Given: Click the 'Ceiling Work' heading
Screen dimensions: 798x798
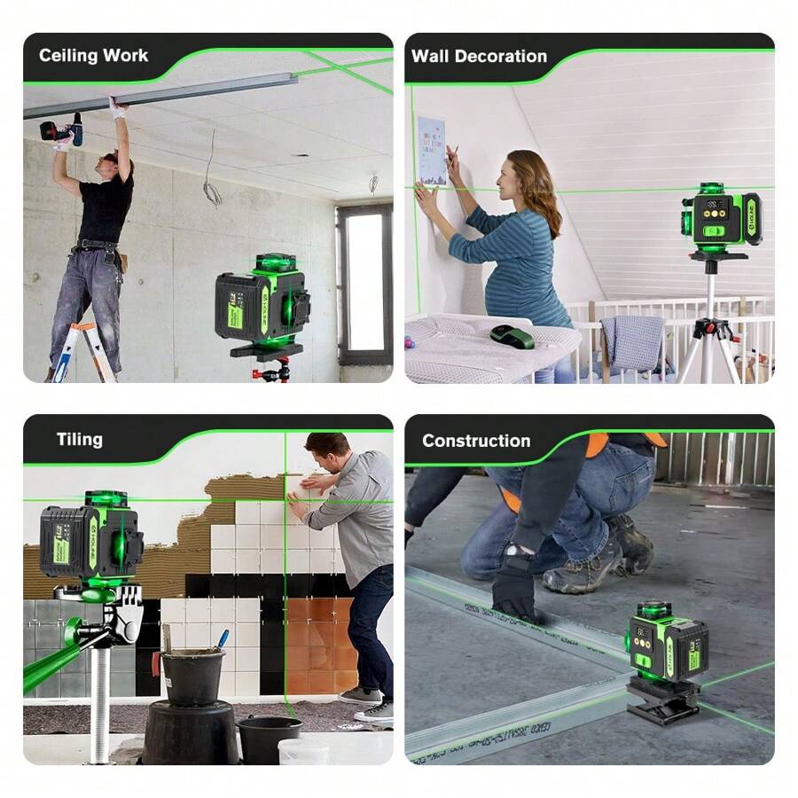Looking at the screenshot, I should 93,56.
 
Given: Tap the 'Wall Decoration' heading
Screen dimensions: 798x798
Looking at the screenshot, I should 479,56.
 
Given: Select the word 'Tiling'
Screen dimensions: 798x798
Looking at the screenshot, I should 80,439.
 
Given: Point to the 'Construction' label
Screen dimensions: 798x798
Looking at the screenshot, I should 476,441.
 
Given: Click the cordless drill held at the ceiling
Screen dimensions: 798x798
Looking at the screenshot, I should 62,131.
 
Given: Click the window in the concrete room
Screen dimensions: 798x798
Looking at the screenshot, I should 364,285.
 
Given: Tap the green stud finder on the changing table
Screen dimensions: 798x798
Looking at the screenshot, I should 512,337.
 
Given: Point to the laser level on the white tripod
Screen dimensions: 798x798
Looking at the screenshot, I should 721,218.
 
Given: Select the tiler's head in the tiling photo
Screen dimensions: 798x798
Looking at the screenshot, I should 326,453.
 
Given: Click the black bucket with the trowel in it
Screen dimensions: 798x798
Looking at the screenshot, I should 192,675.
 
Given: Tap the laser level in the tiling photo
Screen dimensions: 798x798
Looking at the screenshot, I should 91,543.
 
